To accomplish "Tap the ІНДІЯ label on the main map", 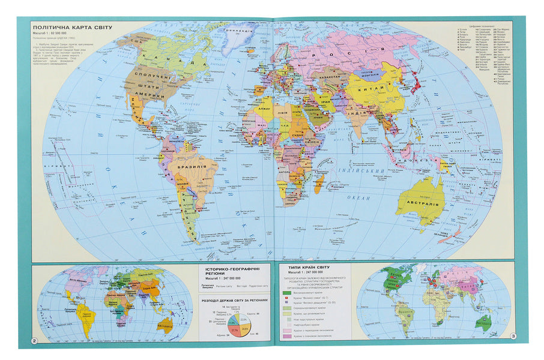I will (359, 112).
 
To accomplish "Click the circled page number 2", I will (35, 341).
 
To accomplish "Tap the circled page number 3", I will (512, 336).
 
